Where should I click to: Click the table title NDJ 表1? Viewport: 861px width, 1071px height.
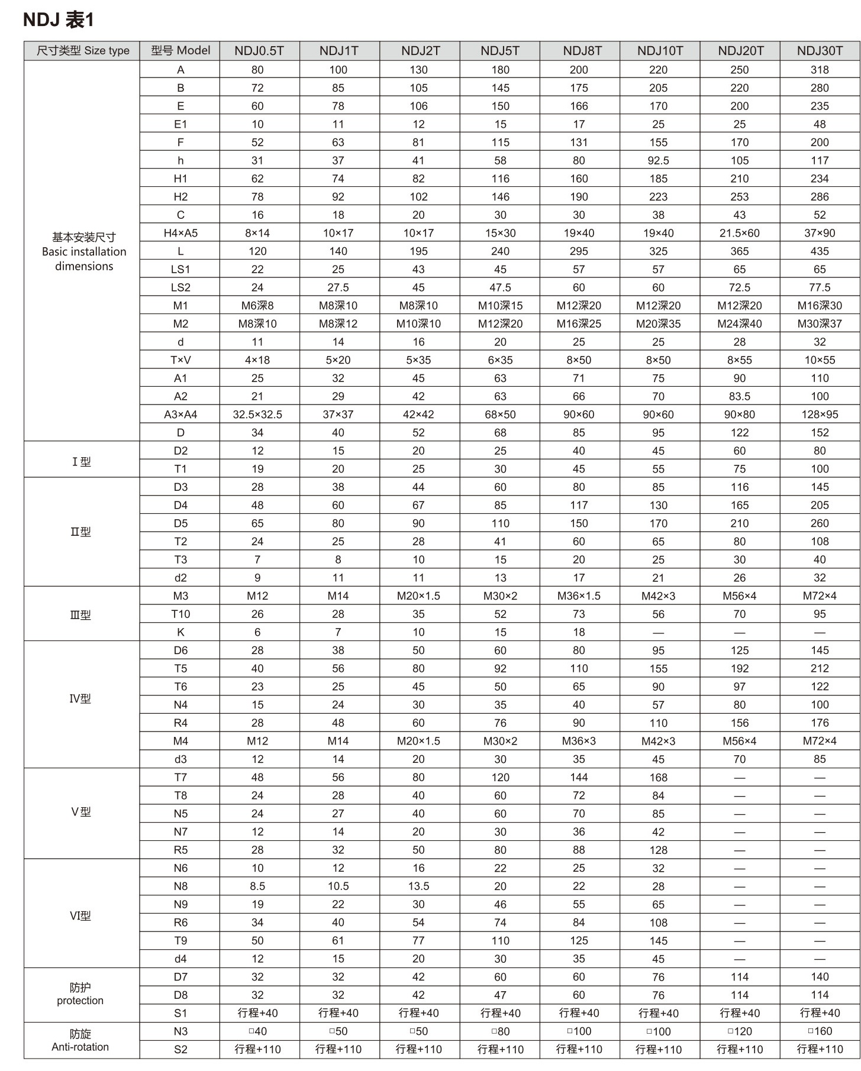[58, 20]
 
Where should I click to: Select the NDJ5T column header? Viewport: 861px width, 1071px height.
[500, 51]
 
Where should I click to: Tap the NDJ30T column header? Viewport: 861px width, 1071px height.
[820, 51]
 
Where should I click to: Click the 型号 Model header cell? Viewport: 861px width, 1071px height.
[180, 51]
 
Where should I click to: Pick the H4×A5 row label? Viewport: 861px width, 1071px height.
[180, 233]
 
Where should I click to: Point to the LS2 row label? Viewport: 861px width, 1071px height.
[180, 287]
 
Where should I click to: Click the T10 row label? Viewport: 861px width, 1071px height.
[180, 614]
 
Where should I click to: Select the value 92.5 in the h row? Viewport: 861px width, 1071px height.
[658, 160]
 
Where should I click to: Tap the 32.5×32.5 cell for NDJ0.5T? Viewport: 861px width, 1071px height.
[257, 415]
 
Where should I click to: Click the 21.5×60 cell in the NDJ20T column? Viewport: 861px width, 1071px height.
[740, 233]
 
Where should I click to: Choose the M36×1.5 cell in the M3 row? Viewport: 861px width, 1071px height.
[579, 596]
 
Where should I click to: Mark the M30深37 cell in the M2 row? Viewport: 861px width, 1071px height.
[820, 323]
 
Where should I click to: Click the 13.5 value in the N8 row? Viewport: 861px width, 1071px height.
[418, 886]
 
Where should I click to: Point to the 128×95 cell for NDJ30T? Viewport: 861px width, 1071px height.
[820, 415]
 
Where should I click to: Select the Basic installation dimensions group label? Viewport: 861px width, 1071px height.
[84, 252]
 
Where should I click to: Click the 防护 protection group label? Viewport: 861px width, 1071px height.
[80, 994]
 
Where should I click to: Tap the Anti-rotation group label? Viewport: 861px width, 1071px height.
[80, 1047]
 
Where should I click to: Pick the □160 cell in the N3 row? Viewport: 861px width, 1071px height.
[820, 1031]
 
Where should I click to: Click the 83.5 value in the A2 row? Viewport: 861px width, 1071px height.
[740, 396]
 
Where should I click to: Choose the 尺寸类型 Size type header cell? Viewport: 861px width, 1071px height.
[83, 51]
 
